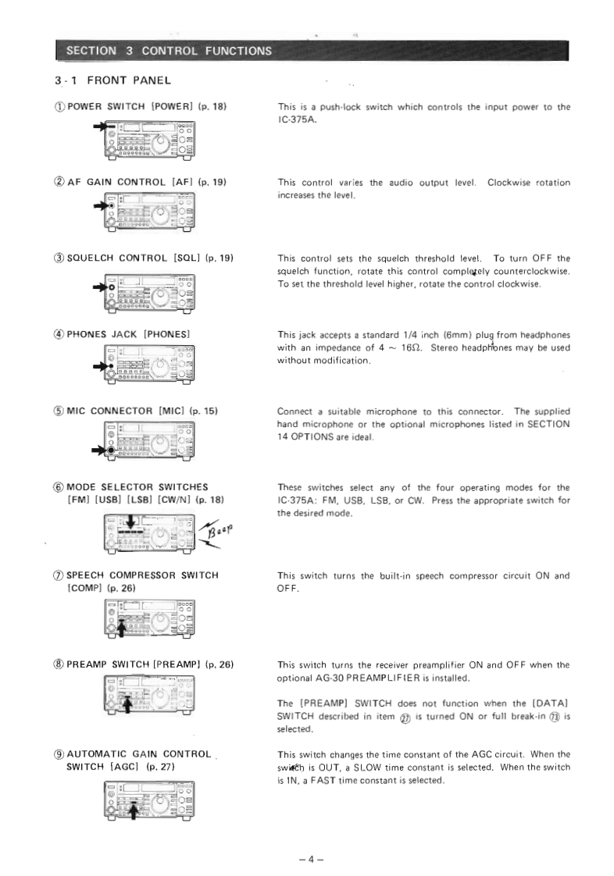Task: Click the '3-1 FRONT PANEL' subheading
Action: click(x=119, y=80)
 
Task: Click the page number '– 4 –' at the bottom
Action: click(x=310, y=838)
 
